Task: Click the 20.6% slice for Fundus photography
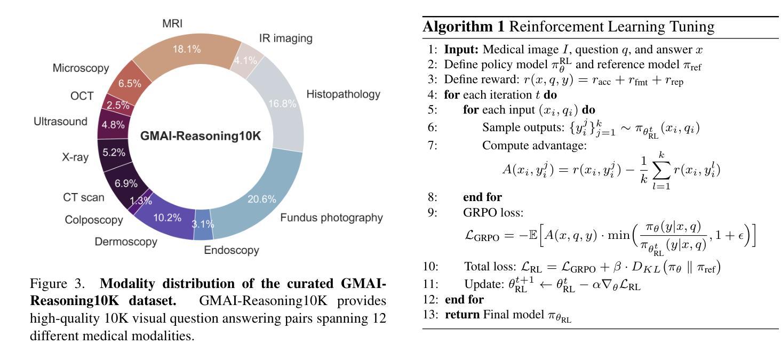(x=261, y=199)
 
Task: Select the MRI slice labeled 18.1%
(x=186, y=49)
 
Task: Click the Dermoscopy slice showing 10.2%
(x=167, y=218)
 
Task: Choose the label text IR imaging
(x=285, y=38)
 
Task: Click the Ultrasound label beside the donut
(x=60, y=122)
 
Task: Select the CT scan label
(x=84, y=197)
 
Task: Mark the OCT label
(x=82, y=96)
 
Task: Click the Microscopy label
(x=81, y=68)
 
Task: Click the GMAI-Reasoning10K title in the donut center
(x=201, y=136)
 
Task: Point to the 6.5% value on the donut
(x=130, y=84)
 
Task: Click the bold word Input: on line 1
(x=463, y=50)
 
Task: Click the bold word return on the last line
(x=463, y=314)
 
